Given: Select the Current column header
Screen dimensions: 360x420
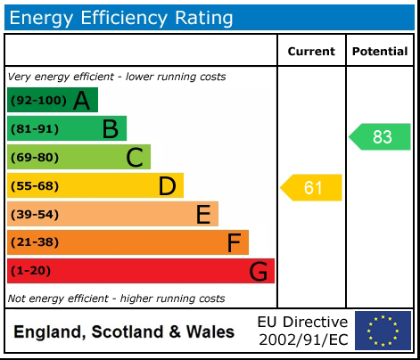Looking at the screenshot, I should point(311,52).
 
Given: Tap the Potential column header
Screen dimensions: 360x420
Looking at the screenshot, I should point(380,52).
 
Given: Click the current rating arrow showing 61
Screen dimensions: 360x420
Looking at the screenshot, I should point(312,187).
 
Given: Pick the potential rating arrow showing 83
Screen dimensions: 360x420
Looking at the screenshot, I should point(381,136).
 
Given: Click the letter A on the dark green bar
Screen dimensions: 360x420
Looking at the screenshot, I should point(81,101).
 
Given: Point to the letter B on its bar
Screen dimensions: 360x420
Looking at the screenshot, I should point(110,129).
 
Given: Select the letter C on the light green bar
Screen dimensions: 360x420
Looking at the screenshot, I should point(135,158).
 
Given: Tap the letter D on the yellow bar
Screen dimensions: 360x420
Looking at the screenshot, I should point(167,186).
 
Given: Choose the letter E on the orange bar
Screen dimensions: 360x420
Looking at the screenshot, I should point(202,215).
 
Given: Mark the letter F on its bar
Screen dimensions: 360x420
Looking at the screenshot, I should point(234,243).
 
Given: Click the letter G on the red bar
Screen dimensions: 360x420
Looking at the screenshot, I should point(258,272).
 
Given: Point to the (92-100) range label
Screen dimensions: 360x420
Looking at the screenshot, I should point(37,101).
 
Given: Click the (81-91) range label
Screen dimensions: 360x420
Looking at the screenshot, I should point(35,129).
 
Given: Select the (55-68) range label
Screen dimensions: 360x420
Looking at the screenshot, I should point(35,186).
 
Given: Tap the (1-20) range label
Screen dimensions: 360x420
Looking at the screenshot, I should point(31,272).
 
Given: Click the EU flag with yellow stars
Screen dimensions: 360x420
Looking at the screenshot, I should point(383,331).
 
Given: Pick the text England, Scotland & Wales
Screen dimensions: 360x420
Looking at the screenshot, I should point(124,332).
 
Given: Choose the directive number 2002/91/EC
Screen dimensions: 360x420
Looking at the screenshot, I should point(302,340).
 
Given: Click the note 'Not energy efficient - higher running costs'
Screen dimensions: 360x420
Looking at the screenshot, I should point(116,299).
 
